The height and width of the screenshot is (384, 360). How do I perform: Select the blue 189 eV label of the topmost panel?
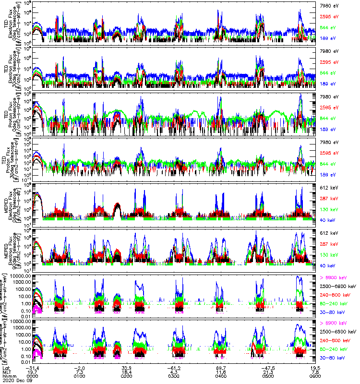coord(328,37)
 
